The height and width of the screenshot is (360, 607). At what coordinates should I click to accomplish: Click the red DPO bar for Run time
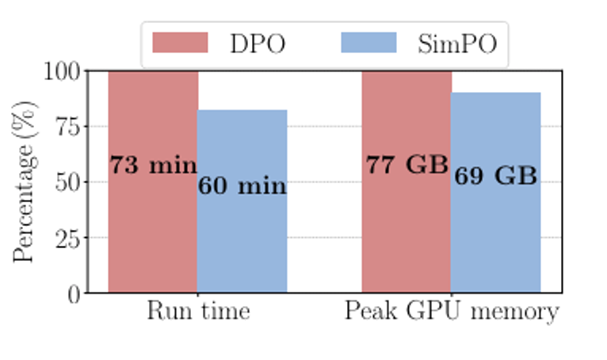153,230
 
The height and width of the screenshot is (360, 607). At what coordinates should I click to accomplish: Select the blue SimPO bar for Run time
242,238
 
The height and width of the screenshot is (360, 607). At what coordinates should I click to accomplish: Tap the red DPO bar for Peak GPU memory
407,230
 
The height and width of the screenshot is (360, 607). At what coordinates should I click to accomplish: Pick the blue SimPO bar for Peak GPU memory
496,238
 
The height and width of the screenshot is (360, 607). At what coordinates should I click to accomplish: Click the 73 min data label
153,166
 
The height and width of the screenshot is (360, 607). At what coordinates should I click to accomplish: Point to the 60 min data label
242,187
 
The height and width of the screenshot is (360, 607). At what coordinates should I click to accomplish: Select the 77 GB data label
407,165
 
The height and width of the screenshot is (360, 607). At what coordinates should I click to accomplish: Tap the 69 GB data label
496,176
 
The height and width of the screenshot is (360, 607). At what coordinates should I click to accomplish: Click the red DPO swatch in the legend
180,43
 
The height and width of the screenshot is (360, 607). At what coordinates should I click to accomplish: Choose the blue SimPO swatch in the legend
368,43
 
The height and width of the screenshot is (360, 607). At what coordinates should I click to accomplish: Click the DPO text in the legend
258,44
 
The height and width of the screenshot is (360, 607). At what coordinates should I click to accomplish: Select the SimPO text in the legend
457,44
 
